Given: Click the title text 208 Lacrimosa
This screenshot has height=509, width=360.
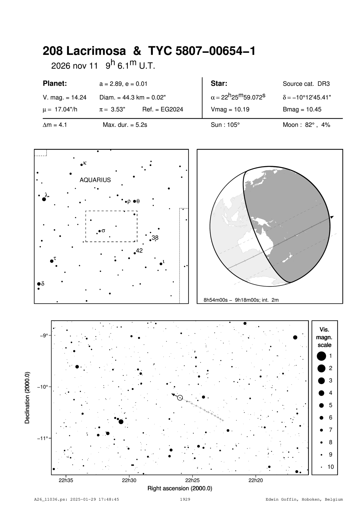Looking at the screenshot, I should click(x=84, y=51).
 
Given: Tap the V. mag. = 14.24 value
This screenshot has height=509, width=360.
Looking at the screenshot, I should click(x=65, y=98).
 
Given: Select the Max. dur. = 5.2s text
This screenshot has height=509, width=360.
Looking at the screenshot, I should click(x=125, y=125).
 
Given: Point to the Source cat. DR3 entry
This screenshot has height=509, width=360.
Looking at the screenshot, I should click(x=306, y=84).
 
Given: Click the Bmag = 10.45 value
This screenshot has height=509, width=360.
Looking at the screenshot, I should click(x=302, y=110).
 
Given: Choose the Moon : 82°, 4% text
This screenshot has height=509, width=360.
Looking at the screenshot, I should click(x=306, y=125).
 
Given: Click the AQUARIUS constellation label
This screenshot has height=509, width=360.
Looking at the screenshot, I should click(x=95, y=180).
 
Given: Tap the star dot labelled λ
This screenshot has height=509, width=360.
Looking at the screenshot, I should click(x=44, y=199).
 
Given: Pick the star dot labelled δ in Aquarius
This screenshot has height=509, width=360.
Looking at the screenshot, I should click(x=39, y=284).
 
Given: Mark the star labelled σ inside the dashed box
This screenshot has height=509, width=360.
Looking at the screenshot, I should click(x=99, y=231).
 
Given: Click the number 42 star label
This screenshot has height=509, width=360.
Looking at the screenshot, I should click(x=139, y=250).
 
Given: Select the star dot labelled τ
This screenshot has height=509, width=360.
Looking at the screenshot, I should click(x=52, y=261).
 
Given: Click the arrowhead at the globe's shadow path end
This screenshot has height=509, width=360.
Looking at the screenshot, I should click(x=332, y=217).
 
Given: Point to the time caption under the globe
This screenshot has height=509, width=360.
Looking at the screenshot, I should click(x=241, y=300).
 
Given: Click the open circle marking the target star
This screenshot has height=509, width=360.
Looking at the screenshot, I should click(x=180, y=397).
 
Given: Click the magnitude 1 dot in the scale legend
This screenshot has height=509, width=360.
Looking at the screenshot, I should click(x=321, y=356).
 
